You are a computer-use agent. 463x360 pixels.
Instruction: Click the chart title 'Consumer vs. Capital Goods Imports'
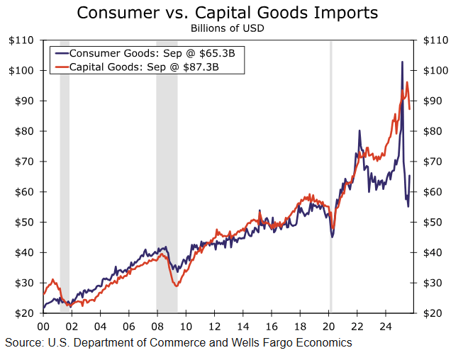pos(227,13)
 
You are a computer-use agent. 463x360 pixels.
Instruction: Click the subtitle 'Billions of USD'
pos(227,28)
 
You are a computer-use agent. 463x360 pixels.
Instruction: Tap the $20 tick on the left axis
pos(23,313)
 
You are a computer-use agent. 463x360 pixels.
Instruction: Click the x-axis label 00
pos(43,327)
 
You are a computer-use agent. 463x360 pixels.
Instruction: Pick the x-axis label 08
pos(157,327)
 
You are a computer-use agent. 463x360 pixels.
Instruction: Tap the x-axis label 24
pos(386,327)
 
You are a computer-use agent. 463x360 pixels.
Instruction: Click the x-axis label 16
pos(272,327)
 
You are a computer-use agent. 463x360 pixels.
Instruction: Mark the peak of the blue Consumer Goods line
pos(402,62)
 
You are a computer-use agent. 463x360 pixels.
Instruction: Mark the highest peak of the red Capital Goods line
pos(407,82)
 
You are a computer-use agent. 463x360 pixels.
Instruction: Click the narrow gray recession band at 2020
pos(330,177)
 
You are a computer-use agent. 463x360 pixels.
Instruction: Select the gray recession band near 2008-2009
pos(167,177)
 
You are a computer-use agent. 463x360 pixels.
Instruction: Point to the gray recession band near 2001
pos(65,177)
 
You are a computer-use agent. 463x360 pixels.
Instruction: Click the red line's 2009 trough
pos(176,286)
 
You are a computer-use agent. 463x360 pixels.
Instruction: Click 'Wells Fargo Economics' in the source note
pos(291,343)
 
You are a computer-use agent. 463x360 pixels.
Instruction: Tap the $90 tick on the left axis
pos(23,101)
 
